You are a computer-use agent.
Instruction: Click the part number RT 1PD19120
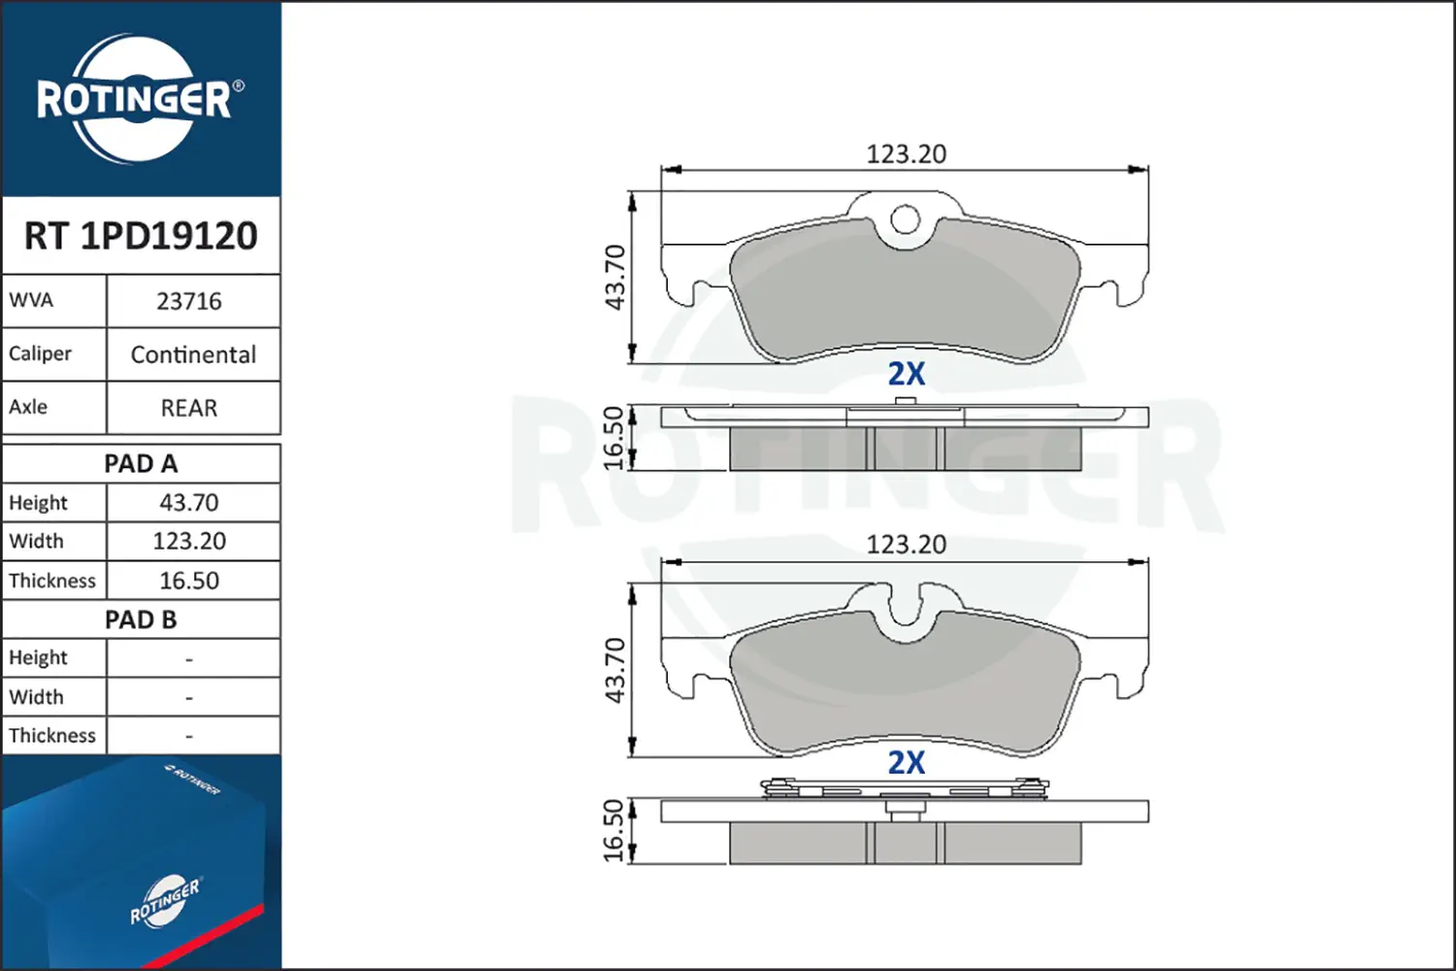141,235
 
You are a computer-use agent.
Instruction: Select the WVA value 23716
189,302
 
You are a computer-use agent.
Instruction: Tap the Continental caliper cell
193,354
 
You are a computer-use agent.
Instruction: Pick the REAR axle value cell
189,408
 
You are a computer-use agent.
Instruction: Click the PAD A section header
141,464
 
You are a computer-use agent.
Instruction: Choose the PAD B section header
141,619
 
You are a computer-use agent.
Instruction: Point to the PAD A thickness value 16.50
189,581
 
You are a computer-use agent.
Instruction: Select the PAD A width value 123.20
189,541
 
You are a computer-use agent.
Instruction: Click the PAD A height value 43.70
189,503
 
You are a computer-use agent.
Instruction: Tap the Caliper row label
40,353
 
